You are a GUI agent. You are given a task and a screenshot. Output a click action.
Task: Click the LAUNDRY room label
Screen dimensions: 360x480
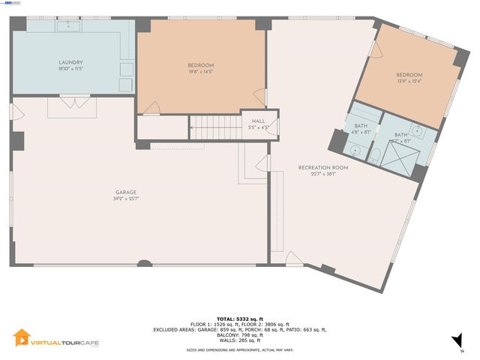[x=70, y=62]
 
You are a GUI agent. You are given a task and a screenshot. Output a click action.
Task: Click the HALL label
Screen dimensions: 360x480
[x=259, y=121]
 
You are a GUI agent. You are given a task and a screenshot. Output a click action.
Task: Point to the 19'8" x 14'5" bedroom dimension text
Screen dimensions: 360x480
[x=200, y=72]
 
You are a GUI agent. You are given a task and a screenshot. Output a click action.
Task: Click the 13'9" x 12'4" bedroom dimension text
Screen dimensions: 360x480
[x=409, y=82]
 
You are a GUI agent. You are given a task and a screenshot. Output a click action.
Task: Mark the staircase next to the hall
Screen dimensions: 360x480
[x=213, y=127]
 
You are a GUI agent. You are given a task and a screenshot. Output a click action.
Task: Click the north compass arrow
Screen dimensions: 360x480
[x=457, y=341]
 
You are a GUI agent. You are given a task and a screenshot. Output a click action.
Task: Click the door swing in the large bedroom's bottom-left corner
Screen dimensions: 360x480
[x=151, y=108]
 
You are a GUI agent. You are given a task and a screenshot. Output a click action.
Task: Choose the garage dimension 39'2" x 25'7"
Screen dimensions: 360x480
[x=125, y=199]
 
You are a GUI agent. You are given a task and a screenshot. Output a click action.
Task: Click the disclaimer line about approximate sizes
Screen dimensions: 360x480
[x=239, y=350]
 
